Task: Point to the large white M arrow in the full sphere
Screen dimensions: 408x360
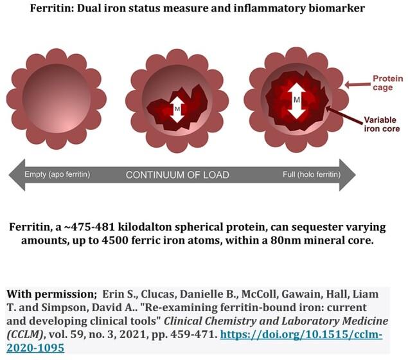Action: [x=296, y=101]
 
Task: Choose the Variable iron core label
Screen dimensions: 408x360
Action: [x=382, y=124]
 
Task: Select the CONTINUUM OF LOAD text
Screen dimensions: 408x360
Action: [x=177, y=175]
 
